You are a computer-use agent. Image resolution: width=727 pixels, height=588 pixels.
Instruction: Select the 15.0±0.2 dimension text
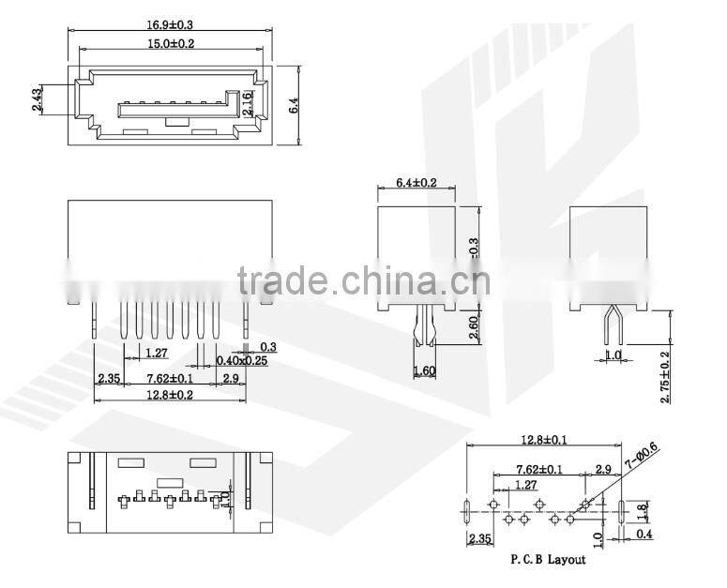pos(170,43)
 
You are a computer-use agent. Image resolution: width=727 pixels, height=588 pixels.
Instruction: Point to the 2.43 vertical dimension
pos(36,100)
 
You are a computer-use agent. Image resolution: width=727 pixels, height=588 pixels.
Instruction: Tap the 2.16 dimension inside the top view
pos(247,103)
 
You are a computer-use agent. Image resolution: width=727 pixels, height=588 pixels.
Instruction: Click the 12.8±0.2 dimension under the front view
pos(170,395)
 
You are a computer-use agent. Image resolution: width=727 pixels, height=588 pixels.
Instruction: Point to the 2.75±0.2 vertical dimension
pos(665,377)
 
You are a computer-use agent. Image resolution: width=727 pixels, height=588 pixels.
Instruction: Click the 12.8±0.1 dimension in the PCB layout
pos(544,439)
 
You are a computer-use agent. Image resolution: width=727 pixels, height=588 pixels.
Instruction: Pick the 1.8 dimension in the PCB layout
pos(643,510)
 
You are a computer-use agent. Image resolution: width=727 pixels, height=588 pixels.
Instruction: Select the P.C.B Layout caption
pos(548,560)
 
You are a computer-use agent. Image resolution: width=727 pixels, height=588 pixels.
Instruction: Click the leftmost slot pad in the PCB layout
pos(467,512)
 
